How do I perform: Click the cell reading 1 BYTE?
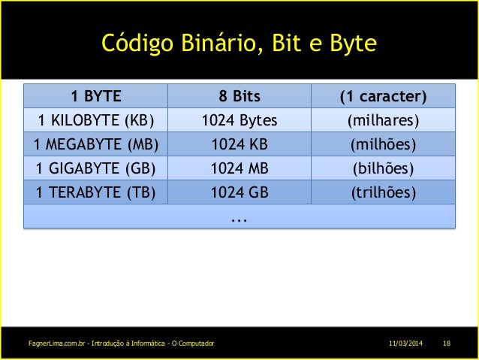tap(96, 96)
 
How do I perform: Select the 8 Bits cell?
tap(239, 96)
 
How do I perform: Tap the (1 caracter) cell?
tap(383, 96)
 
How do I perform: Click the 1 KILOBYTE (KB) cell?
tap(96, 120)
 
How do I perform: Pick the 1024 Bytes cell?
tap(239, 120)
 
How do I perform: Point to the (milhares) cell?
tap(383, 120)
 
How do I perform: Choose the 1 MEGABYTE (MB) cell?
tap(96, 144)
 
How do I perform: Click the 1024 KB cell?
tap(239, 144)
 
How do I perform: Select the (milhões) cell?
tap(383, 144)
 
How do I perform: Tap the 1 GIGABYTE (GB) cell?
tap(96, 168)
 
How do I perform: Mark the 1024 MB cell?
tap(239, 168)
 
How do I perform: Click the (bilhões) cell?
tap(383, 168)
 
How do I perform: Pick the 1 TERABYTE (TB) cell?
tap(96, 192)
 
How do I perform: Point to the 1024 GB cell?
tap(239, 192)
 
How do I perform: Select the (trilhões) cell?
tap(383, 192)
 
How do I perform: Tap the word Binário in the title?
tap(215, 44)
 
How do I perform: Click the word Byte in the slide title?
tap(351, 44)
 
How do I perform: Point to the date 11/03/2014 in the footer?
tap(405, 343)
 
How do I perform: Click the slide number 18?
tap(447, 343)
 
